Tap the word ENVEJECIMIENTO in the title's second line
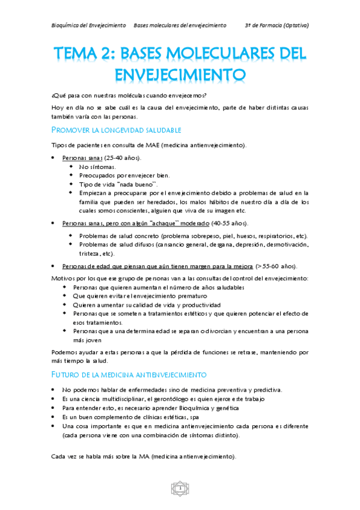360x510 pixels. point(180,75)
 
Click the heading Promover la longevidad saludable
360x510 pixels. point(117,130)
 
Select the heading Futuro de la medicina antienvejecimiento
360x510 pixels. point(129,375)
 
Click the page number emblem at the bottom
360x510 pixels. point(180,487)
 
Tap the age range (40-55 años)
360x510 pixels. point(228,223)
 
